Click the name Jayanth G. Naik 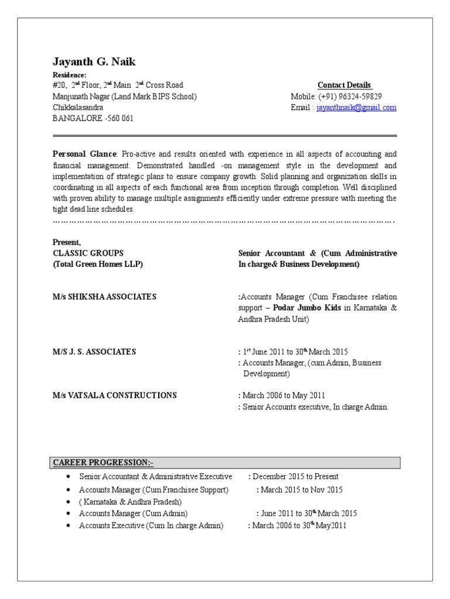click(x=94, y=62)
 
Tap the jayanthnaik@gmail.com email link click(x=356, y=108)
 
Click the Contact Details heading click(x=345, y=85)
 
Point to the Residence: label click(x=69, y=75)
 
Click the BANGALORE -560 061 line click(x=93, y=118)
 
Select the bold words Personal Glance click(x=84, y=154)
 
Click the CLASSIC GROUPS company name click(x=88, y=253)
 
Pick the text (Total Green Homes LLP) click(x=98, y=264)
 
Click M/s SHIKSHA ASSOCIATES click(x=104, y=297)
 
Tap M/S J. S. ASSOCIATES click(x=94, y=352)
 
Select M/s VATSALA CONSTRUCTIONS click(x=114, y=395)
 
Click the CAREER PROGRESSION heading click(x=103, y=463)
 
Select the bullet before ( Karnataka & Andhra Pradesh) click(x=69, y=502)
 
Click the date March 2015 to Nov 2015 click(x=302, y=490)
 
